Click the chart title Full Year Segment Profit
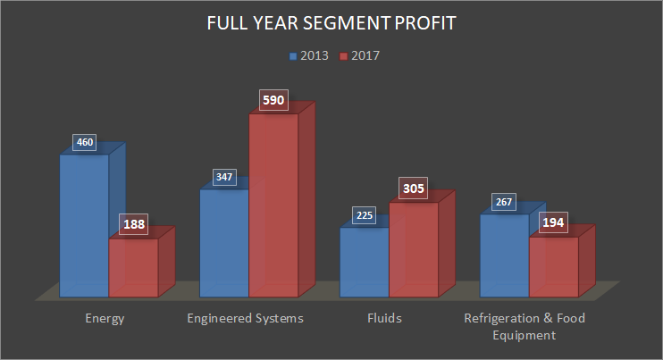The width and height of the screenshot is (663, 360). [x=331, y=24]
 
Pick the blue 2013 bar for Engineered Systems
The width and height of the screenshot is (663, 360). [x=224, y=242]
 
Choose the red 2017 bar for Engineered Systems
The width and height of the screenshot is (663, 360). [x=273, y=205]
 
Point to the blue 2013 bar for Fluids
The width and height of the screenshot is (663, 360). [x=365, y=261]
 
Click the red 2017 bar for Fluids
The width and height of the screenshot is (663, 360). [x=414, y=248]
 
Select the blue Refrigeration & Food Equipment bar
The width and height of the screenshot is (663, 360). [x=505, y=255]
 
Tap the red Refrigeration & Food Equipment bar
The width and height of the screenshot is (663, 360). [x=554, y=265]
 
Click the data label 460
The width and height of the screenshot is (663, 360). [x=84, y=142]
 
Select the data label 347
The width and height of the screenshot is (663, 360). [x=224, y=177]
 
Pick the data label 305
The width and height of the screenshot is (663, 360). [x=414, y=188]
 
